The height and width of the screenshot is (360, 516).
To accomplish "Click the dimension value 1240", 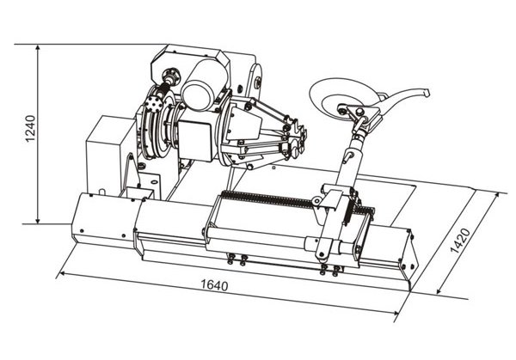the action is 30,128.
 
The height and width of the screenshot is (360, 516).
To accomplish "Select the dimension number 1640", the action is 214,284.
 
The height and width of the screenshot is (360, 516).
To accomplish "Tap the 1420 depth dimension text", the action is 461,241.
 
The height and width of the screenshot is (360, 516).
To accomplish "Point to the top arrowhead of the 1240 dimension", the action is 38,48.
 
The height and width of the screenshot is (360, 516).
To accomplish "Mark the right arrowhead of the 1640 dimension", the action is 395,313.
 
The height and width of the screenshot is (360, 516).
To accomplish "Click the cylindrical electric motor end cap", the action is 196,96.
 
